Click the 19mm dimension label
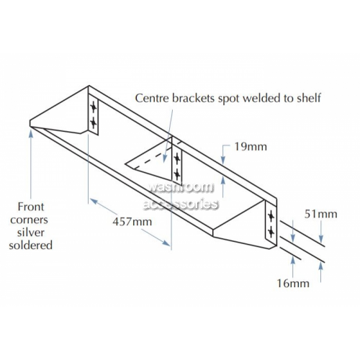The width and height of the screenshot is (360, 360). pyautogui.click(x=251, y=147)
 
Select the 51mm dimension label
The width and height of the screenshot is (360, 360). pyautogui.click(x=321, y=214)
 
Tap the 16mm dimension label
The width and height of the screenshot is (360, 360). pyautogui.click(x=293, y=284)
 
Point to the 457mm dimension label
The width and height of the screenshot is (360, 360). pyautogui.click(x=132, y=222)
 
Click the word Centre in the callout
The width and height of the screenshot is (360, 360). pyautogui.click(x=152, y=98)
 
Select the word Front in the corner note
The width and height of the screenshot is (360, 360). pyautogui.click(x=31, y=207)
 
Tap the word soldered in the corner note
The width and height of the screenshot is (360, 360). pyautogui.click(x=31, y=246)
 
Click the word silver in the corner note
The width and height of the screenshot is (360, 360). pyautogui.click(x=31, y=233)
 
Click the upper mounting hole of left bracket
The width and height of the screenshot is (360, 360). pyautogui.click(x=93, y=107)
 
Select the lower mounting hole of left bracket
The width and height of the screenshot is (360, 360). pyautogui.click(x=93, y=123)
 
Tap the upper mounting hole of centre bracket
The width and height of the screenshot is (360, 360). pyautogui.click(x=177, y=158)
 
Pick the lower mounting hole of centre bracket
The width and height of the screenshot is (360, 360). pyautogui.click(x=177, y=174)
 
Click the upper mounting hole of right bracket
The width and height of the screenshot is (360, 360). pyautogui.click(x=271, y=217)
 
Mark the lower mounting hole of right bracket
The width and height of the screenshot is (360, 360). pyautogui.click(x=271, y=232)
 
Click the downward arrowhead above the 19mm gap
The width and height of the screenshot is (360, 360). pyautogui.click(x=223, y=161)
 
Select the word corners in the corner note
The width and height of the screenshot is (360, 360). pyautogui.click(x=29, y=220)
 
